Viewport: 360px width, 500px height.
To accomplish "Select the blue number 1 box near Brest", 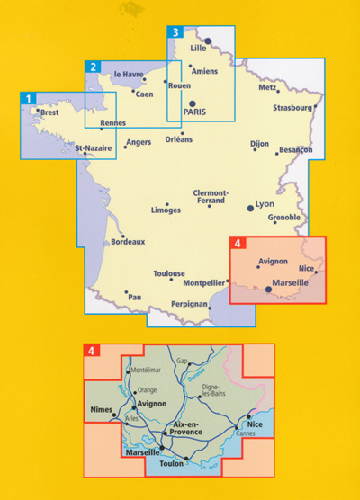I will [x=30, y=98].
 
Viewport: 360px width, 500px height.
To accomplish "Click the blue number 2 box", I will [x=92, y=67].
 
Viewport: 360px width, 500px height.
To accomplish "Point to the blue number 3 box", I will [x=175, y=33].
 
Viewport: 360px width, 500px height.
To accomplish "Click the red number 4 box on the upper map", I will [x=238, y=243].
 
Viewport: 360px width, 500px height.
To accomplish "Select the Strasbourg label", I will [x=292, y=108].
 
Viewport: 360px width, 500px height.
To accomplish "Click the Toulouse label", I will [x=169, y=273].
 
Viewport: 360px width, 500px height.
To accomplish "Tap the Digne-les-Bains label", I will [x=216, y=390].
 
